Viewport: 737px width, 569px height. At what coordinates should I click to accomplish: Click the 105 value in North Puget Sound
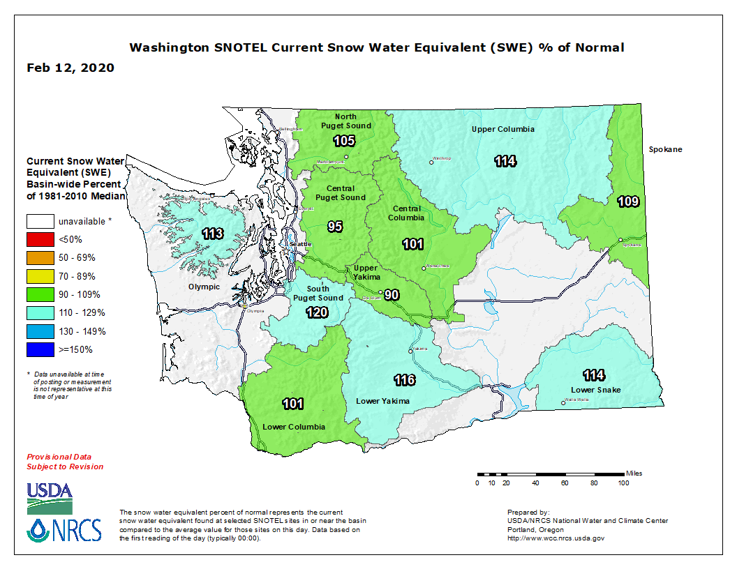[x=344, y=142]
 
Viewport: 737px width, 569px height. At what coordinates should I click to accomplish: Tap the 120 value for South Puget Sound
[x=317, y=312]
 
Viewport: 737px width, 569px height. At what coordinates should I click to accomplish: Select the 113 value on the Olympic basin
[x=212, y=234]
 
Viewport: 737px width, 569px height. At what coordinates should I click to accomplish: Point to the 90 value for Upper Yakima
[x=392, y=294]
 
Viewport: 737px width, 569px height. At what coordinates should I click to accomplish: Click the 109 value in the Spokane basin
[x=628, y=202]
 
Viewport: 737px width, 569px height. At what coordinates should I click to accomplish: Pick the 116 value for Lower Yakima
[x=405, y=380]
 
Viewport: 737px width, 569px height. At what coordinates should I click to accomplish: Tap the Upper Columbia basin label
[x=502, y=129]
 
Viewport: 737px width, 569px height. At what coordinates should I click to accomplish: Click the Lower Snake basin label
[x=595, y=389]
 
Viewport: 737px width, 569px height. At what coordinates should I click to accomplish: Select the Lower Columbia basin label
[x=294, y=426]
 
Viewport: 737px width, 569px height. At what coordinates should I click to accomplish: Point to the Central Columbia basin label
[x=406, y=213]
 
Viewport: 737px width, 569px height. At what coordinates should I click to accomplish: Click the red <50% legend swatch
[x=40, y=240]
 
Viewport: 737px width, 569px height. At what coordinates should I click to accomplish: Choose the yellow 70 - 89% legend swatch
[x=40, y=276]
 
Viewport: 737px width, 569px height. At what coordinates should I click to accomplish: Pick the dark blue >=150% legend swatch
[x=40, y=349]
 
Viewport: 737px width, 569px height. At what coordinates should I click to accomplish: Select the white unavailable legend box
[x=40, y=221]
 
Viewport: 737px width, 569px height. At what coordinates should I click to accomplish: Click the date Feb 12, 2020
[x=70, y=68]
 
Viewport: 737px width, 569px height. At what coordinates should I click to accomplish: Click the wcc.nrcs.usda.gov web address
[x=556, y=538]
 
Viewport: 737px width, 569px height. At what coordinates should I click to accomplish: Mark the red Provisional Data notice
[x=65, y=461]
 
